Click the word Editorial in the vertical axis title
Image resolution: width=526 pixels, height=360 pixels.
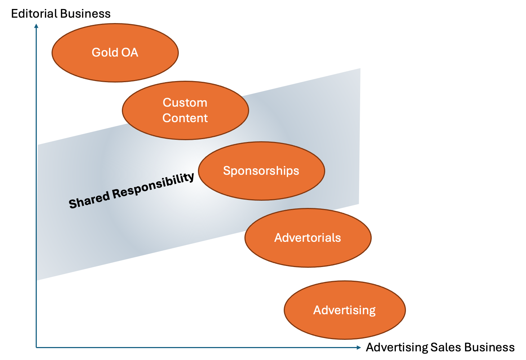click(34, 14)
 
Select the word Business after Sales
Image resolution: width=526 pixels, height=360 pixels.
click(490, 347)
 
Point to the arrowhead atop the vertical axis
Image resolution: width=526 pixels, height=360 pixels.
click(36, 26)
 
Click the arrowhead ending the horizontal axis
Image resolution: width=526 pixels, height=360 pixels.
click(358, 347)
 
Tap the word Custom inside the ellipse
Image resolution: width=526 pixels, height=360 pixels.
click(185, 103)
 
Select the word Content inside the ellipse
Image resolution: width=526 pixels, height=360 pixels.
click(185, 118)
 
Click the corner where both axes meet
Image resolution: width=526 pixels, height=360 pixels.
click(36, 347)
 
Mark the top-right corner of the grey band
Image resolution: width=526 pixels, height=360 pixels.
click(359, 69)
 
